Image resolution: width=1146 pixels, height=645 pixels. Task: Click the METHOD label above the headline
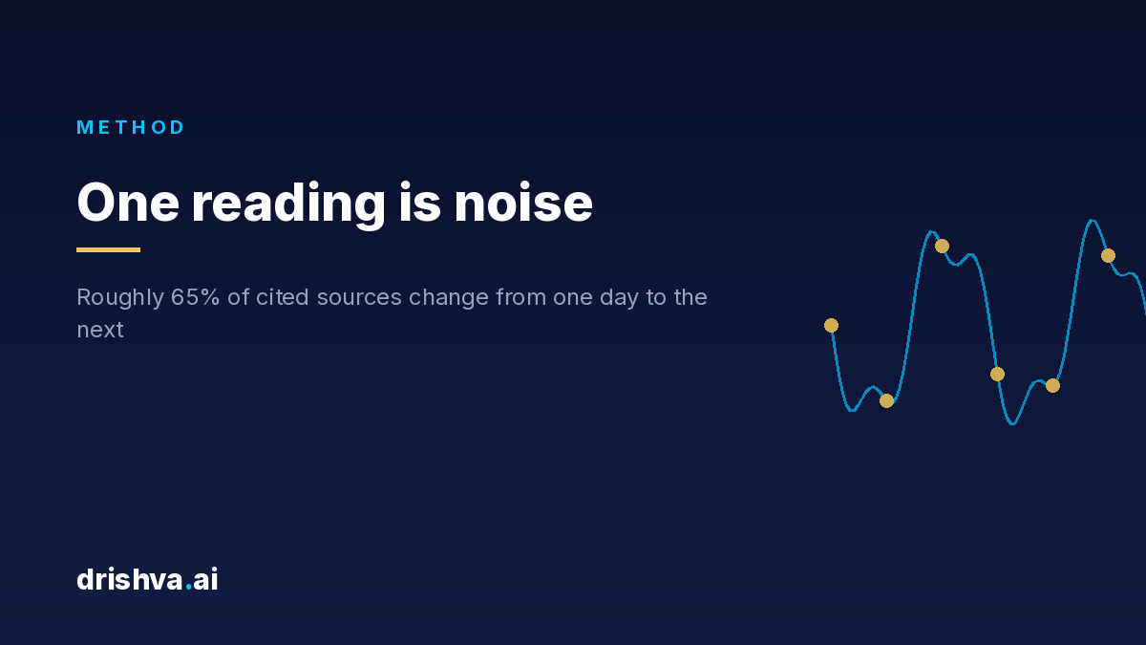131,127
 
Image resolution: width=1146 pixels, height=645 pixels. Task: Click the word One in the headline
128,203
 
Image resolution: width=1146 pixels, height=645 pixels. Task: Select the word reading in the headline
288,205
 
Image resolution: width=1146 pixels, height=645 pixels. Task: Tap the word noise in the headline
523,204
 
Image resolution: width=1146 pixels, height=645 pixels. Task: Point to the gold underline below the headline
109,249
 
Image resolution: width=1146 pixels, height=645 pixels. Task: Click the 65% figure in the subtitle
195,297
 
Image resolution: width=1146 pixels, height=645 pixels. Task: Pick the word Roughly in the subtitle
120,298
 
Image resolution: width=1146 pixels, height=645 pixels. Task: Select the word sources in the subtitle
359,298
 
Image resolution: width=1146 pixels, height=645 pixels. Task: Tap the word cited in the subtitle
283,297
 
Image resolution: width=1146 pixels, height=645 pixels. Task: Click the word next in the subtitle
100,331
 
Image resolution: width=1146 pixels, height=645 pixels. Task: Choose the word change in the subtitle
449,299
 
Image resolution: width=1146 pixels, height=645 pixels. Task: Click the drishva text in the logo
130,579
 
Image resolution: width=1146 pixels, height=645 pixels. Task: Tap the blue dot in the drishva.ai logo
189,589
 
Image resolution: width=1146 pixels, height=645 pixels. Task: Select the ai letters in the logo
205,579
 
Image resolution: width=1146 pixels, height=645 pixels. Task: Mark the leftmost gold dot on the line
832,326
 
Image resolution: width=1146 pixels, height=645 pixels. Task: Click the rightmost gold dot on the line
1108,255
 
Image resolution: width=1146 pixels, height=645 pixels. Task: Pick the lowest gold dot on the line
886,400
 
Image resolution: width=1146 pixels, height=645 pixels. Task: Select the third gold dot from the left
942,247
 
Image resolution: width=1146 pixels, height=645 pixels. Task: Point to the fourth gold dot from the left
997,375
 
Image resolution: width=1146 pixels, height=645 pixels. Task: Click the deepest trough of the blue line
1012,424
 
